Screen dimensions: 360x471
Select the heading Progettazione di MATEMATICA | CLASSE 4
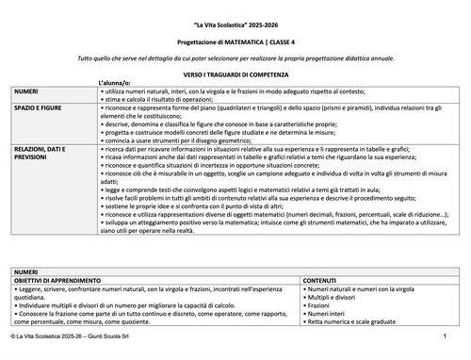pos(235,44)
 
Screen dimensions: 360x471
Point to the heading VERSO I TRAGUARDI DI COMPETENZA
pos(235,73)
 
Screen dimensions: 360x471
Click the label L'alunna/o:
pos(116,84)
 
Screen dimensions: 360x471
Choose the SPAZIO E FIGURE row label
pos(39,109)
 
